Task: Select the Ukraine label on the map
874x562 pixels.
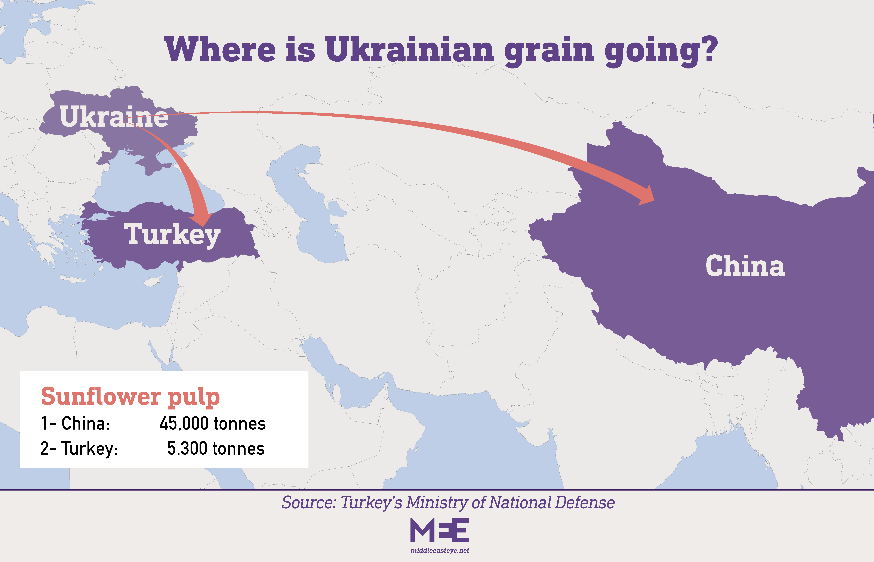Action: coord(114,117)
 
